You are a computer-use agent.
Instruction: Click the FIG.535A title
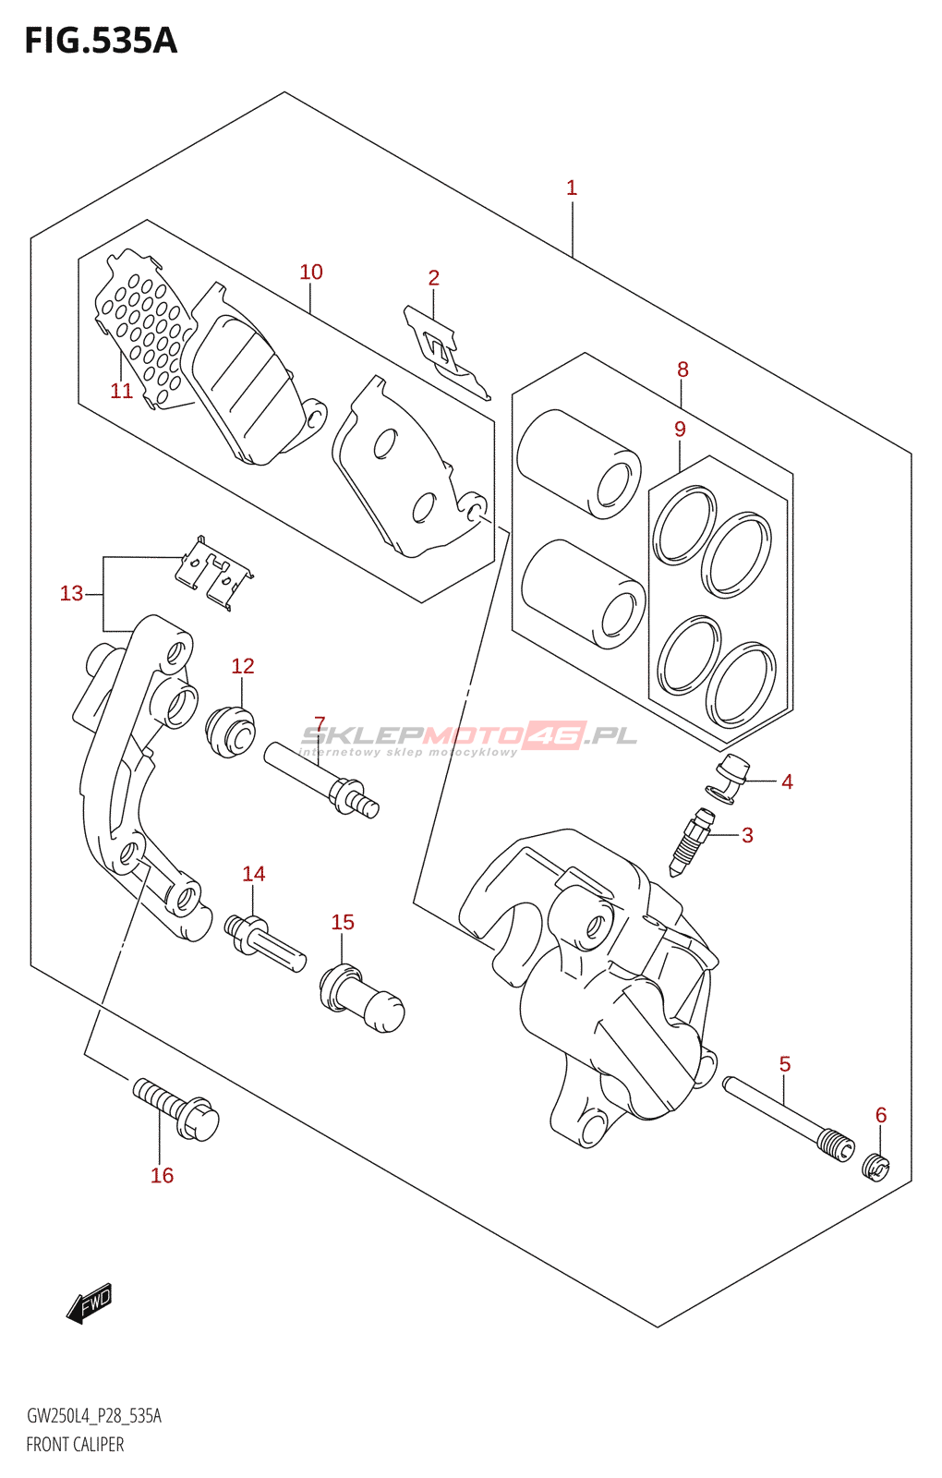tap(101, 41)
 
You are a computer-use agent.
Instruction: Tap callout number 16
tap(162, 1175)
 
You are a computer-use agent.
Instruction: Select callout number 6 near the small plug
tap(881, 1114)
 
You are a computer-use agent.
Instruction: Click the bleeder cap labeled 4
tap(729, 780)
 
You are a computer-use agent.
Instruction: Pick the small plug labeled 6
tap(876, 1168)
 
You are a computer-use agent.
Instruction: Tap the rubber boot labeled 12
tap(230, 731)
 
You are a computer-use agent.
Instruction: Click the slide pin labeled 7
tap(321, 780)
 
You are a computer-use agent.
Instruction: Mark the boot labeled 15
tap(361, 998)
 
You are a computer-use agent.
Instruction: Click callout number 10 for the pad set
tap(311, 272)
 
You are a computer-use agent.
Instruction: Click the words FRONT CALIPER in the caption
tap(75, 1445)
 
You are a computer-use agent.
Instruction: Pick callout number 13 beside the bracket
tap(72, 593)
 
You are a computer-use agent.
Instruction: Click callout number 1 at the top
tap(572, 188)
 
